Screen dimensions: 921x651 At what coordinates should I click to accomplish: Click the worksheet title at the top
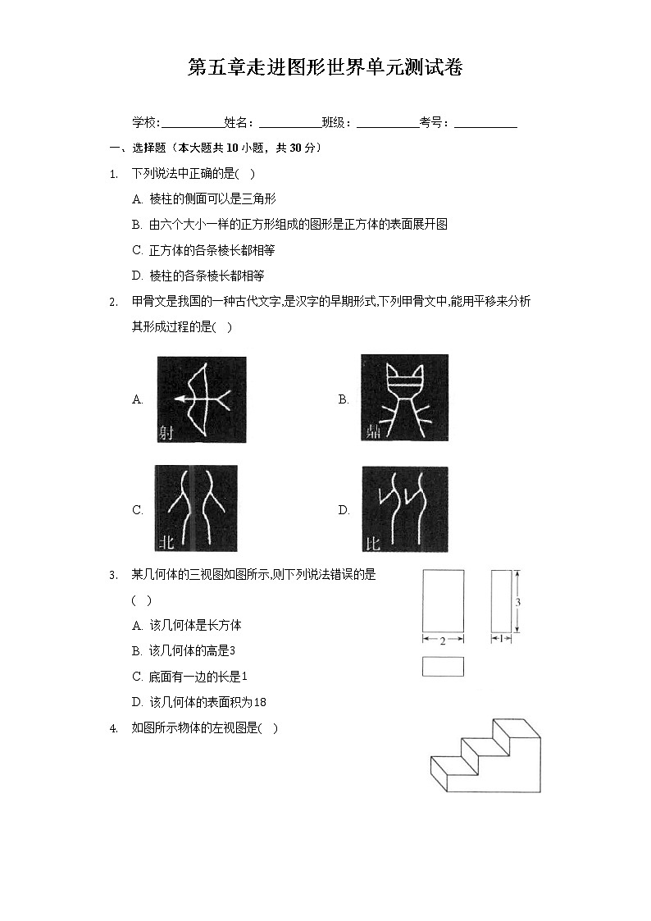325,67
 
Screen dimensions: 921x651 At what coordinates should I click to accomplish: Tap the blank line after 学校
192,124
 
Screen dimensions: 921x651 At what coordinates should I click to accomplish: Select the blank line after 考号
485,124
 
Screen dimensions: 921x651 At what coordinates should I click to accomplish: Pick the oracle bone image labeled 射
201,399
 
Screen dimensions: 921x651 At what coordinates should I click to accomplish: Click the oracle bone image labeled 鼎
404,398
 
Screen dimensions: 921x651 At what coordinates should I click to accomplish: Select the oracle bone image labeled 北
196,508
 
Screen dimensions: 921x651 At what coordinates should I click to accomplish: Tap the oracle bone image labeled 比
404,508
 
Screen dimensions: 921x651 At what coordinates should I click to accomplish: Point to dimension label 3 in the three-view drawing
518,603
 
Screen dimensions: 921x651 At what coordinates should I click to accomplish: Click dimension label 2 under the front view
443,641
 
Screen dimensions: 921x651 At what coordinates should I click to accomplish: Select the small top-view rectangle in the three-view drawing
443,667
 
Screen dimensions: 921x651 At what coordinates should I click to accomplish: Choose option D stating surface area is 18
198,702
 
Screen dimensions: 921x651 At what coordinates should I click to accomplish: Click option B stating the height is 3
184,651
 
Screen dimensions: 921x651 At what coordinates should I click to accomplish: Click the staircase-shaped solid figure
485,758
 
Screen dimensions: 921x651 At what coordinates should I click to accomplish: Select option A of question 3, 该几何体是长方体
186,626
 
